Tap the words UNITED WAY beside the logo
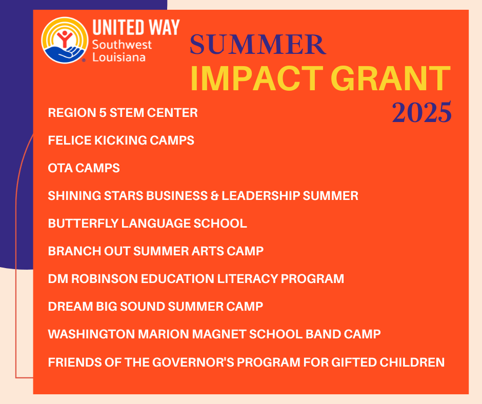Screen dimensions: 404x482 135,27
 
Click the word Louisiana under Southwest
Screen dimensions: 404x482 118,56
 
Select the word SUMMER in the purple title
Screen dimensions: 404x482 257,45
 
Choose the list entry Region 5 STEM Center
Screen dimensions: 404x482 123,113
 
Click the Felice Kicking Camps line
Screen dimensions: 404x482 121,140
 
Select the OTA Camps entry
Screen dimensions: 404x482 84,168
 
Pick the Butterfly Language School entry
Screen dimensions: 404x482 147,224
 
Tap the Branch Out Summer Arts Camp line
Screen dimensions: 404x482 155,251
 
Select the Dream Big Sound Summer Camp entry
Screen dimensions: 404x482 155,307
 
